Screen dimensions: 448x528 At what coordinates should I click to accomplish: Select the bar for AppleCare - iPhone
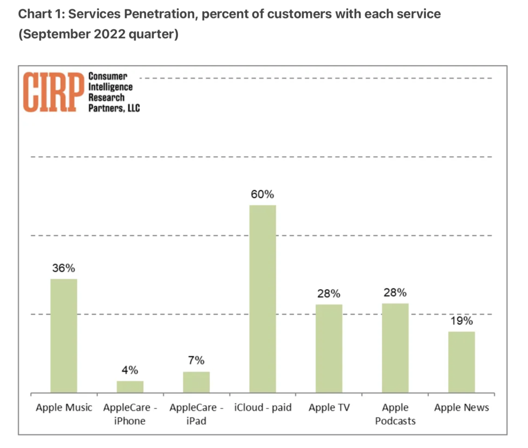(x=130, y=387)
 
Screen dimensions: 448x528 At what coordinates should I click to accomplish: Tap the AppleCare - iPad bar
(x=196, y=382)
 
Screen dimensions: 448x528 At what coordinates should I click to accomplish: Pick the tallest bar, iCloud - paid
(x=263, y=298)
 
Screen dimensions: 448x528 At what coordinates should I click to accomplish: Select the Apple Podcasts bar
(x=395, y=348)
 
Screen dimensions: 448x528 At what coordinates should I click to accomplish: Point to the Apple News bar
(x=461, y=362)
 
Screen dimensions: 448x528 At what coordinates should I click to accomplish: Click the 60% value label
(x=262, y=194)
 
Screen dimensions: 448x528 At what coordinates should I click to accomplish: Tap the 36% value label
(x=64, y=268)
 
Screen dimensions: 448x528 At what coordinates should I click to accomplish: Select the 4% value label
(x=130, y=370)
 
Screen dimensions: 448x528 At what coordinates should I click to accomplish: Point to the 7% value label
(x=196, y=360)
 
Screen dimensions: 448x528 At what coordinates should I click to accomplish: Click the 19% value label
(x=462, y=321)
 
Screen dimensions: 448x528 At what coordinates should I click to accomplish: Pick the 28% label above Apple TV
(x=329, y=294)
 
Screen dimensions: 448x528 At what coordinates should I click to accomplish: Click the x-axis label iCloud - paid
(x=263, y=407)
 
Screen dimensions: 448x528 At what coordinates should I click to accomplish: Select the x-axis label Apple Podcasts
(x=395, y=414)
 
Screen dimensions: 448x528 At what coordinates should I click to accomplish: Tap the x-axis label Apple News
(x=461, y=407)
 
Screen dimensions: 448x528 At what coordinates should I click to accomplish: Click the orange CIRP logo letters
(x=53, y=92)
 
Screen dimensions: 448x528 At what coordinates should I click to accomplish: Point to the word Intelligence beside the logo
(x=110, y=87)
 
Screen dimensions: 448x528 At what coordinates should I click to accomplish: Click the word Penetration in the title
(x=161, y=14)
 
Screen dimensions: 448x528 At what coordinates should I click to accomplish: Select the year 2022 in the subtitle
(x=109, y=34)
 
